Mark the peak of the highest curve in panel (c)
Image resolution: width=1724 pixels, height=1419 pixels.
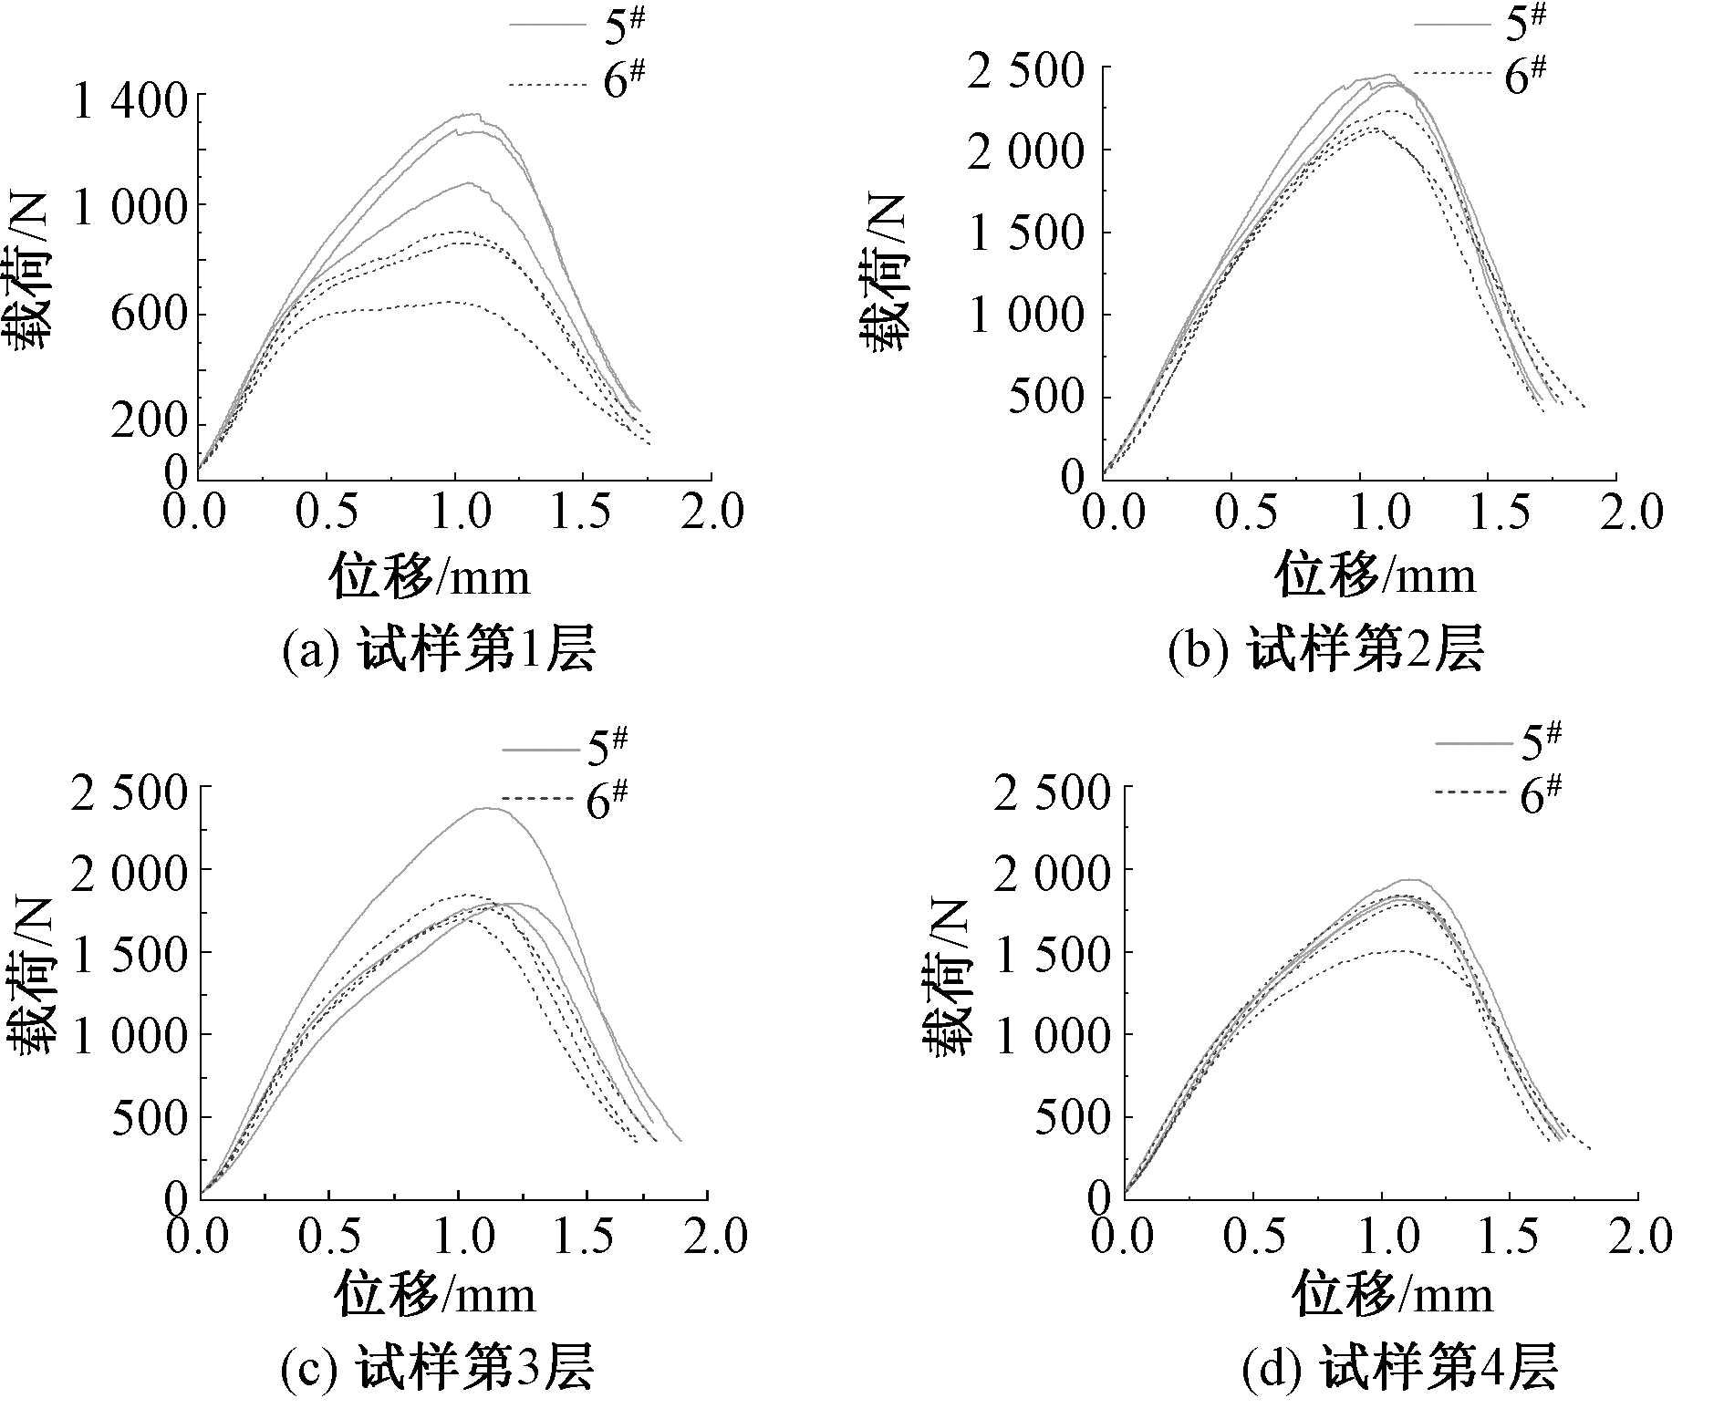coord(486,808)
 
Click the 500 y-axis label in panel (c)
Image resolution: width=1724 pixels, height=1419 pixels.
coord(149,1117)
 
